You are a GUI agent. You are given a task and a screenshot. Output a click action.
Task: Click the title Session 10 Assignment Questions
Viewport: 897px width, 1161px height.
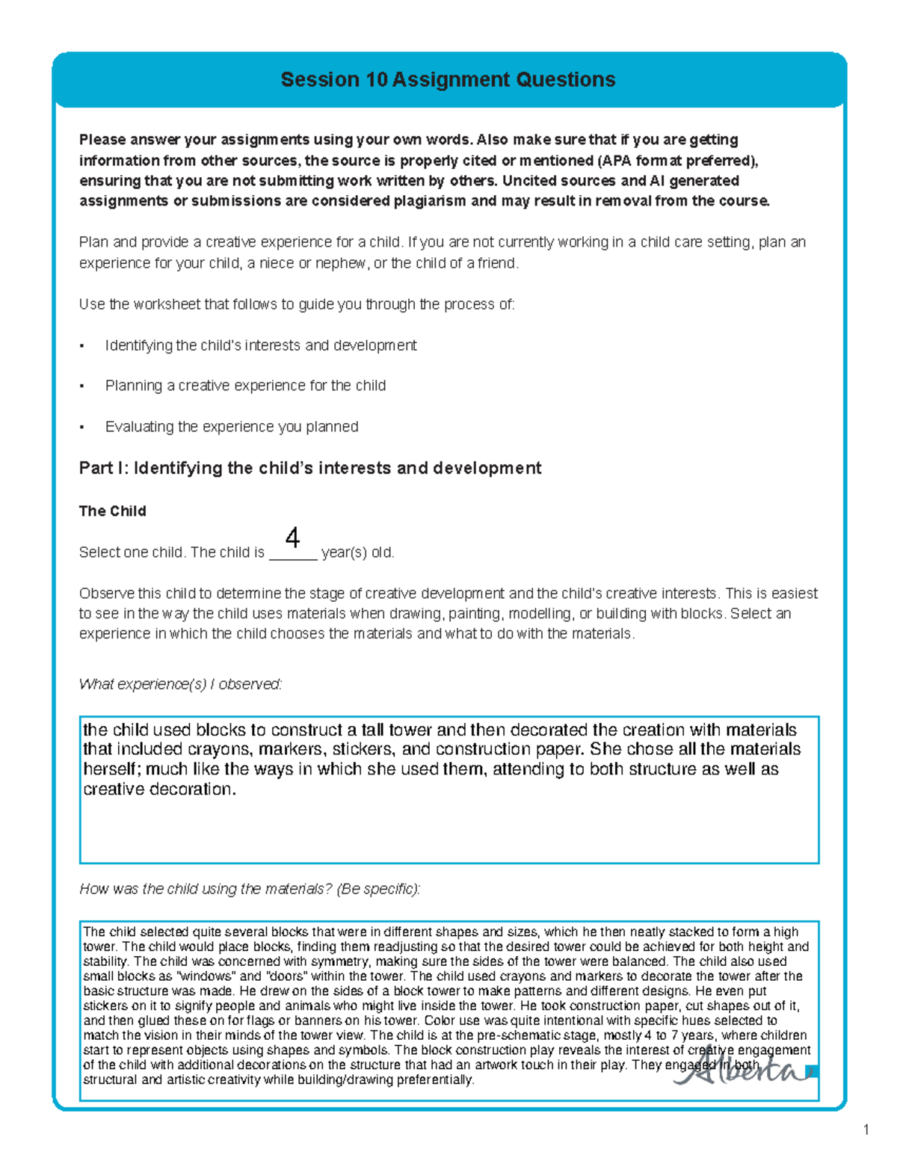(x=448, y=80)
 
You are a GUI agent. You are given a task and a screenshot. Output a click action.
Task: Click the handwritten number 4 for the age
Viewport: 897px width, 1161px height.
(x=293, y=538)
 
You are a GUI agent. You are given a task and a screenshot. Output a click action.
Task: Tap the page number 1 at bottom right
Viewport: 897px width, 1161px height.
(x=866, y=1130)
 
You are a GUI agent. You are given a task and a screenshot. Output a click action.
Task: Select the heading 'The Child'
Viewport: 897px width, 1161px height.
(x=112, y=511)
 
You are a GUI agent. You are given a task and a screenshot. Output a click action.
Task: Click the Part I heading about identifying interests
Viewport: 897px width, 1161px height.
(x=309, y=469)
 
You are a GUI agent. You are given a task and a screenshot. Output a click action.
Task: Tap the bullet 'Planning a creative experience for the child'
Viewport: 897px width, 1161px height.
(x=245, y=386)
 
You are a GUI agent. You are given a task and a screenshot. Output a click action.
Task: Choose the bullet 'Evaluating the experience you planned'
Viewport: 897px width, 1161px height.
(x=232, y=427)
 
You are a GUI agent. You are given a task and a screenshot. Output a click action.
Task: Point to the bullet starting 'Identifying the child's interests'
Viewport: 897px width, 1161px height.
(x=260, y=345)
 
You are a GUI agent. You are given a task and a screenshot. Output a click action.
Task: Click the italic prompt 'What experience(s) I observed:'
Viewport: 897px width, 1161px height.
(x=180, y=684)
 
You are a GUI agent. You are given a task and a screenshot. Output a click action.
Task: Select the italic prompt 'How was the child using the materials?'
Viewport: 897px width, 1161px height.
(x=250, y=889)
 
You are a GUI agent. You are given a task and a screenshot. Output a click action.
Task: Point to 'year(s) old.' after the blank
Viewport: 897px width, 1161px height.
(x=357, y=553)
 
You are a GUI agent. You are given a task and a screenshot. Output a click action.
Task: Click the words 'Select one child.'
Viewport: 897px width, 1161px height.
(x=132, y=553)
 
